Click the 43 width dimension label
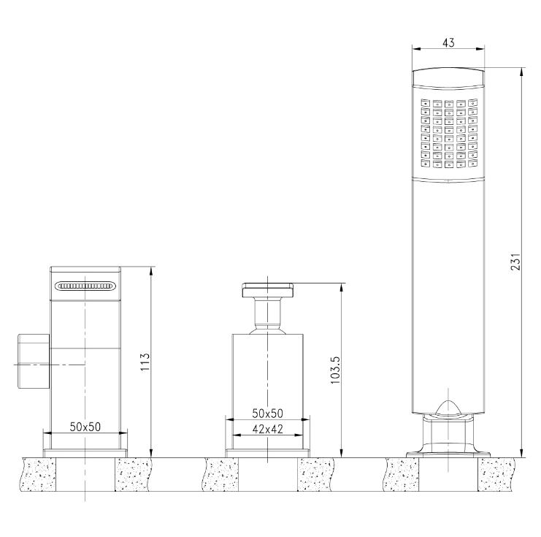coord(448,42)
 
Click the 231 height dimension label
coord(515,262)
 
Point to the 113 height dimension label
coord(145,362)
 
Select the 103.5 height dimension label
coord(335,370)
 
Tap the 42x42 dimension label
coord(267,429)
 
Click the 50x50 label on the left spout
coord(85,427)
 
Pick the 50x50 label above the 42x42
coord(267,414)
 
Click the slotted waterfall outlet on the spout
coord(85,286)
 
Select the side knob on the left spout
coord(34,360)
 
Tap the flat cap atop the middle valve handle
coord(268,290)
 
